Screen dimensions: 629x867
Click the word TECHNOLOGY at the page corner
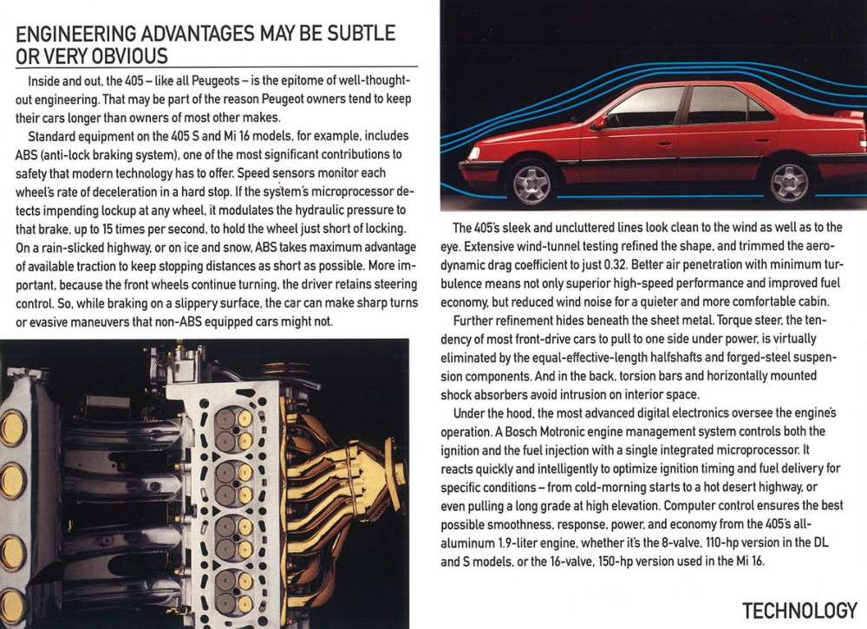pos(799,610)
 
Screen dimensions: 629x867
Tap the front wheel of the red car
pos(531,181)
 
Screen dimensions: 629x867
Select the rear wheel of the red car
pos(789,181)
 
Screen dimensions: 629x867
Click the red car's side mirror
pos(598,122)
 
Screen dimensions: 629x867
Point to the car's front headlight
pos(473,153)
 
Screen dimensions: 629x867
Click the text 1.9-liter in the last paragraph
pos(529,544)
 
